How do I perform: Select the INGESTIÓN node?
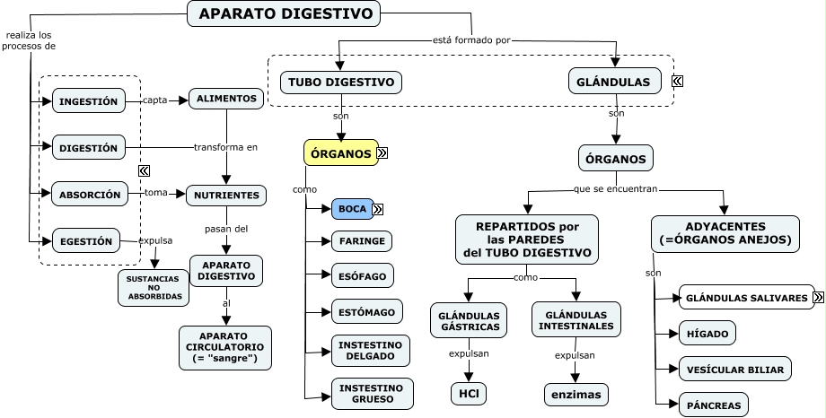pos(88,101)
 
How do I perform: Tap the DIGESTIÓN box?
pos(88,148)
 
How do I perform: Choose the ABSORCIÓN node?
pos(90,194)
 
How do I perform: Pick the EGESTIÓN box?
pos(86,240)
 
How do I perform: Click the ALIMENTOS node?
pos(226,98)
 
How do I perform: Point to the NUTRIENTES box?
pos(226,195)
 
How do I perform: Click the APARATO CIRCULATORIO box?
pos(225,346)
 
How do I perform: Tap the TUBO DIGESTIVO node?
pos(341,82)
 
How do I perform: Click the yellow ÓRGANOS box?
pos(340,153)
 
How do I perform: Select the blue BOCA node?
pos(352,209)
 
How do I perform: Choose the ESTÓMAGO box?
pos(362,312)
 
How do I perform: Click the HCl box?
pos(468,393)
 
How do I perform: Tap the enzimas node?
pos(576,394)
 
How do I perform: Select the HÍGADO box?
pos(707,333)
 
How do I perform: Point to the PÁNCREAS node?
pos(714,405)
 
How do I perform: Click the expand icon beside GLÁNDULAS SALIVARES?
pos(818,297)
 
